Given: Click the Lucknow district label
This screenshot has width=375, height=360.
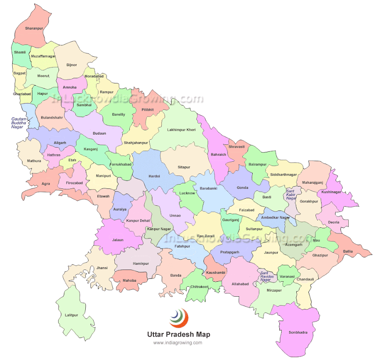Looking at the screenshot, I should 187,193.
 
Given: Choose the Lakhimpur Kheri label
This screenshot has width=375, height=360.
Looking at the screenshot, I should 181,129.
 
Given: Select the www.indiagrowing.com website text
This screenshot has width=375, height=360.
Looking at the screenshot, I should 178,343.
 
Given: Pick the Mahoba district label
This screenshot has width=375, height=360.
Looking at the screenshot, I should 129,280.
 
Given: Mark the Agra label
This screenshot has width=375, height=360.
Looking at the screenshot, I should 45,184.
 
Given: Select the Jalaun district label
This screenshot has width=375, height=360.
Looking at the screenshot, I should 118,240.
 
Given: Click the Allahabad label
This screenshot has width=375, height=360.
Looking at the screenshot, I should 240,284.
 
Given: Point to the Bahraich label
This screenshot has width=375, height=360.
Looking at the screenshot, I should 218,154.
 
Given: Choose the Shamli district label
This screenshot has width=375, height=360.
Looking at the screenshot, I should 20,52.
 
